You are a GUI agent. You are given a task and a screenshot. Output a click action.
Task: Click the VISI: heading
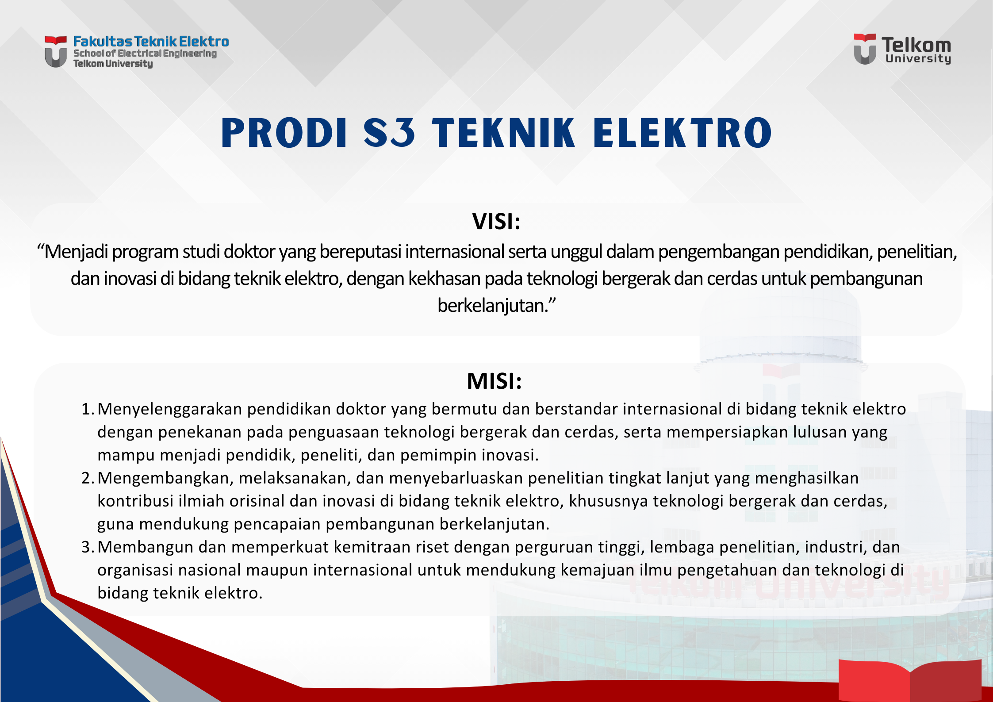click(x=496, y=221)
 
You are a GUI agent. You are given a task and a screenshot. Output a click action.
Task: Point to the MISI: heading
click(x=495, y=381)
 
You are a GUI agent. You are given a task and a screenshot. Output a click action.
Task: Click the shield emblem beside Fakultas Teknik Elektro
click(x=56, y=52)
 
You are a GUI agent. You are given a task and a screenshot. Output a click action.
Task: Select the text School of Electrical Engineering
click(x=145, y=54)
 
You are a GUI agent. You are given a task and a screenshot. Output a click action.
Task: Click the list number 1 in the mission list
click(x=87, y=409)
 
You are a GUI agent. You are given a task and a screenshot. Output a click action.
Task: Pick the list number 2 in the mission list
click(x=87, y=478)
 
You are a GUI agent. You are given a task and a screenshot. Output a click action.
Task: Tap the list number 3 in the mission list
click(x=87, y=547)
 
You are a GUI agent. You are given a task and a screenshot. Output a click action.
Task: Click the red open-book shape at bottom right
click(x=910, y=680)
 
